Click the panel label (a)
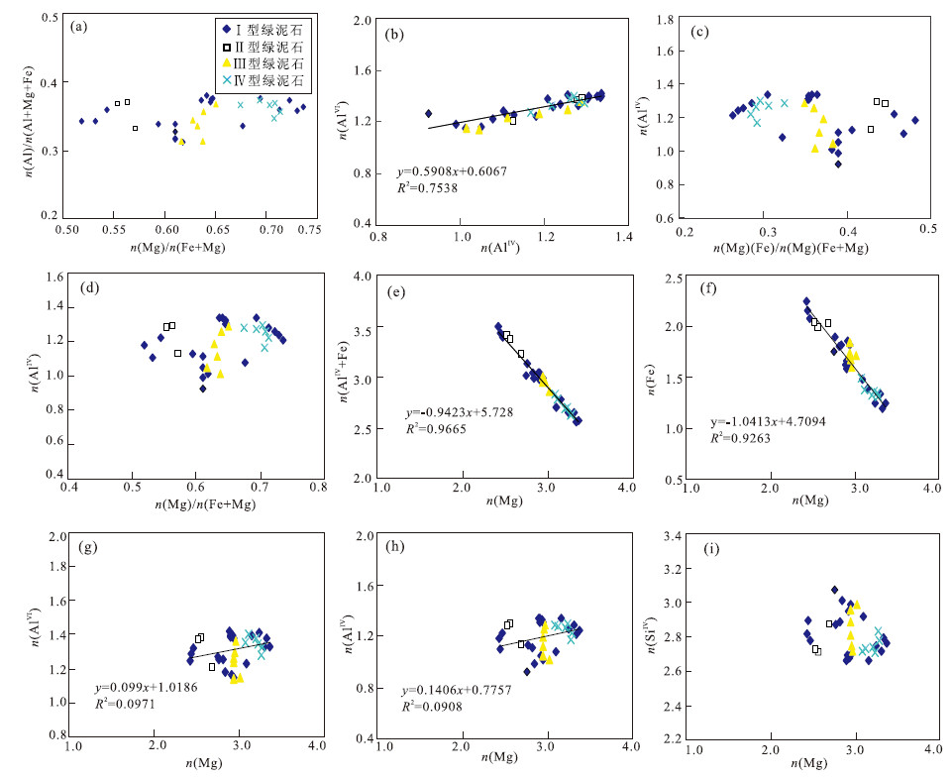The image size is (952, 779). [75, 26]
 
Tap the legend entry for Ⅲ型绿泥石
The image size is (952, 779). [268, 63]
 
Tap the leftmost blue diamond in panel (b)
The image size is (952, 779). [428, 114]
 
